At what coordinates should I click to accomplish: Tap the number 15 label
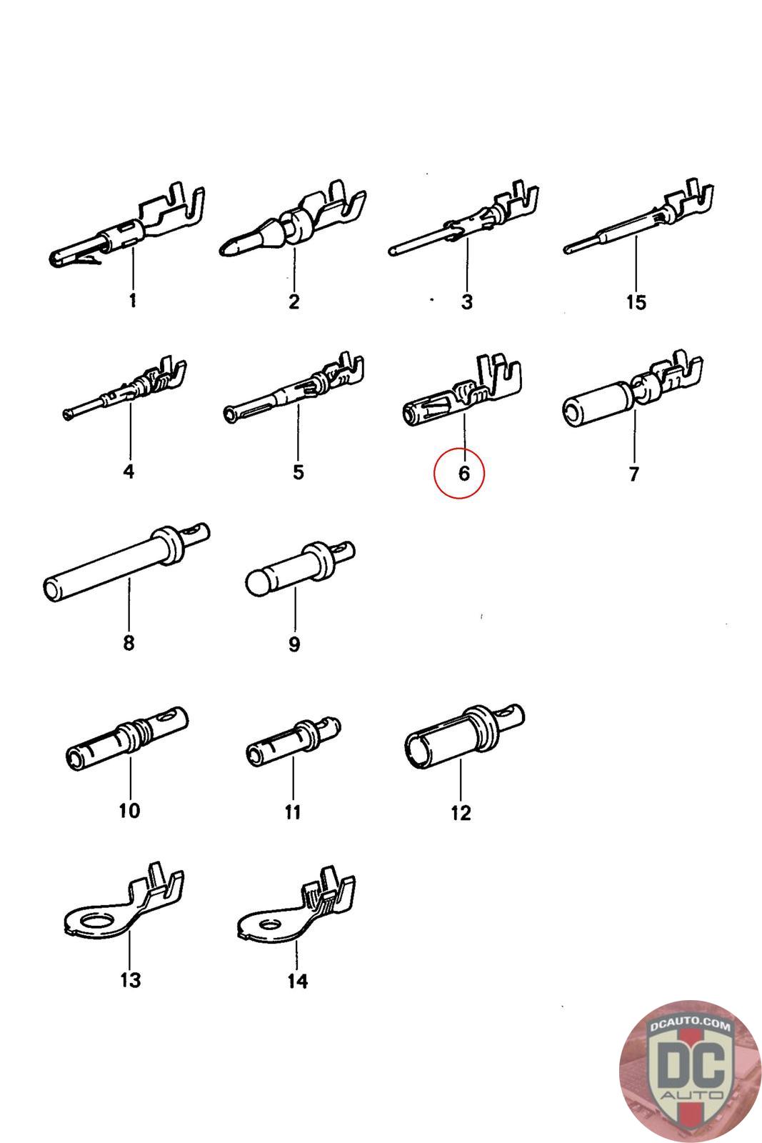(636, 302)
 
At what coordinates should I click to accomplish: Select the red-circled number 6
(463, 473)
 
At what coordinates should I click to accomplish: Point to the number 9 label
(294, 644)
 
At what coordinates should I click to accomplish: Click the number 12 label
(461, 813)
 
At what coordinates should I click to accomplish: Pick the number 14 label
(298, 982)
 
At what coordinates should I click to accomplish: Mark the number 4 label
(129, 471)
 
